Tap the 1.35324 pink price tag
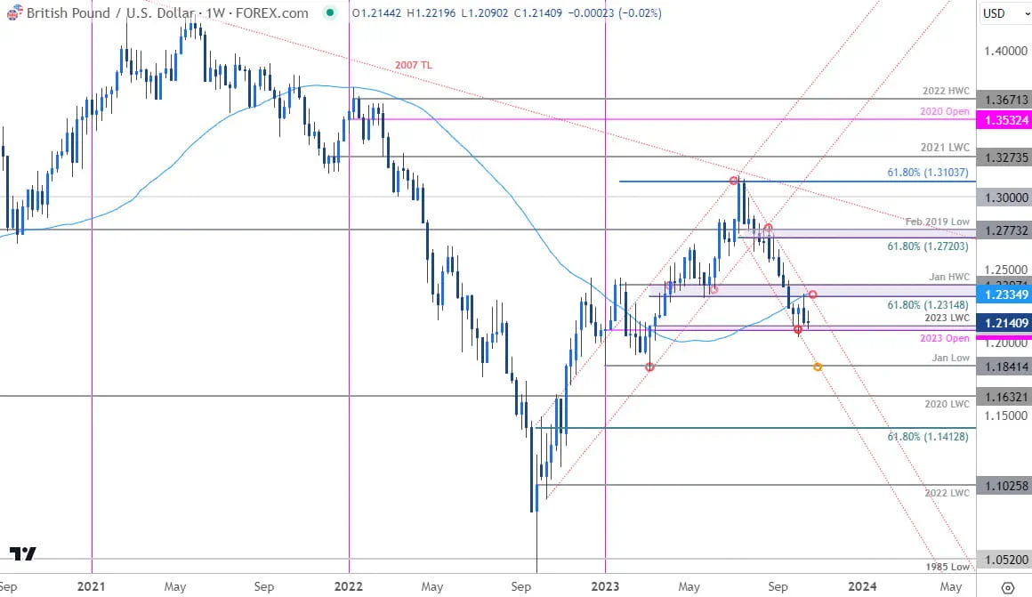pyautogui.click(x=1003, y=119)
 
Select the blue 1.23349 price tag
pyautogui.click(x=1003, y=294)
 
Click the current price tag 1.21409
pyautogui.click(x=1003, y=323)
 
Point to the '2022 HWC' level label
pyautogui.click(x=947, y=92)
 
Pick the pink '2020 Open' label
pyautogui.click(x=946, y=111)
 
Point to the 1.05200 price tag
pyautogui.click(x=1003, y=560)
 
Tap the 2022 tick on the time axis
pyautogui.click(x=349, y=586)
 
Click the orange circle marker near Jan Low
pyautogui.click(x=818, y=367)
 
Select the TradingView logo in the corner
pyautogui.click(x=23, y=553)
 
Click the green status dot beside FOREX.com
pyautogui.click(x=330, y=13)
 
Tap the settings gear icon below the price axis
pyautogui.click(x=1007, y=587)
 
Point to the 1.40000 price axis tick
pyautogui.click(x=1003, y=52)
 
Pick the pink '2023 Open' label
pyautogui.click(x=946, y=339)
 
